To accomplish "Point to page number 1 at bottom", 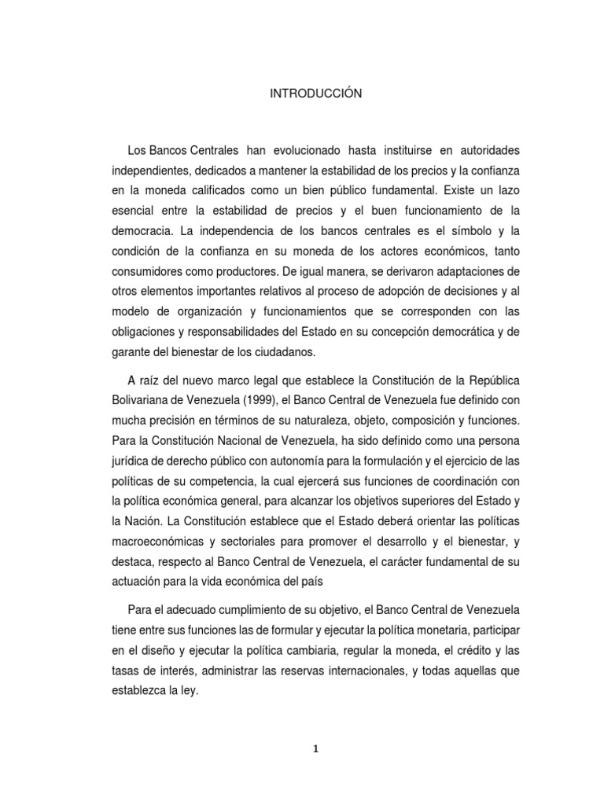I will click(x=315, y=749).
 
